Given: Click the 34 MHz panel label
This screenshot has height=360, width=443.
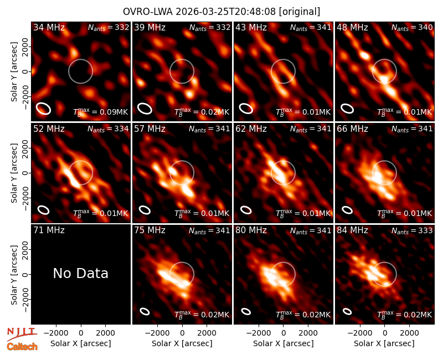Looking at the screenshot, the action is pos(49,27).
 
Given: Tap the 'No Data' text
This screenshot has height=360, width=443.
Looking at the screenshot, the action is pos(80,273).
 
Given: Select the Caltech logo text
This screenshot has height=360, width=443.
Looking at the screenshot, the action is pos(22,347).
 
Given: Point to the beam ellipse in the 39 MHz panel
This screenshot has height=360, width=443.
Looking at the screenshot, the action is pos(145,109).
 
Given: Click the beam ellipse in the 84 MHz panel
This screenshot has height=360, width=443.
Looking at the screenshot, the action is pos(347,311).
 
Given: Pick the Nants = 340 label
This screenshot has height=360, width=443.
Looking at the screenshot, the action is pos(412,27).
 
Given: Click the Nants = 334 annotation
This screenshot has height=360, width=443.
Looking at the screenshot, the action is pos(108,129).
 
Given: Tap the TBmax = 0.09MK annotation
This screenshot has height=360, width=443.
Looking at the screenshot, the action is pos(101,112).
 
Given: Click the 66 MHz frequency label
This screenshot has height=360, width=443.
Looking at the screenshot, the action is pos(352,129).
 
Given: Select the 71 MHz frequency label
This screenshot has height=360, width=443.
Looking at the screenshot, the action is pos(49,230).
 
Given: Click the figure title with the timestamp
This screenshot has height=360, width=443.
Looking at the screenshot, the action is pos(221,12).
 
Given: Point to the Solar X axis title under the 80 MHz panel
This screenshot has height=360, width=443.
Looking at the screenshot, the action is pos(283,343).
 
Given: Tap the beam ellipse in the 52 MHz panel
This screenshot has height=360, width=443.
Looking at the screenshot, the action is pos(44,210).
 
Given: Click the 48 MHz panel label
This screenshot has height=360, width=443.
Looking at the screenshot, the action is pos(352,27).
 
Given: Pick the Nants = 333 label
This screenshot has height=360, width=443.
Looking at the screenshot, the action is pos(412,230).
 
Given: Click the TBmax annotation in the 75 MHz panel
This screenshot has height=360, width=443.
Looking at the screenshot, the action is pos(202,315).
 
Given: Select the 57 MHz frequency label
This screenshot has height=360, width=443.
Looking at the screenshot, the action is pos(150,129).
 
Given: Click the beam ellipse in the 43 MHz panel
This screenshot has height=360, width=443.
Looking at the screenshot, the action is pos(246,109).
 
